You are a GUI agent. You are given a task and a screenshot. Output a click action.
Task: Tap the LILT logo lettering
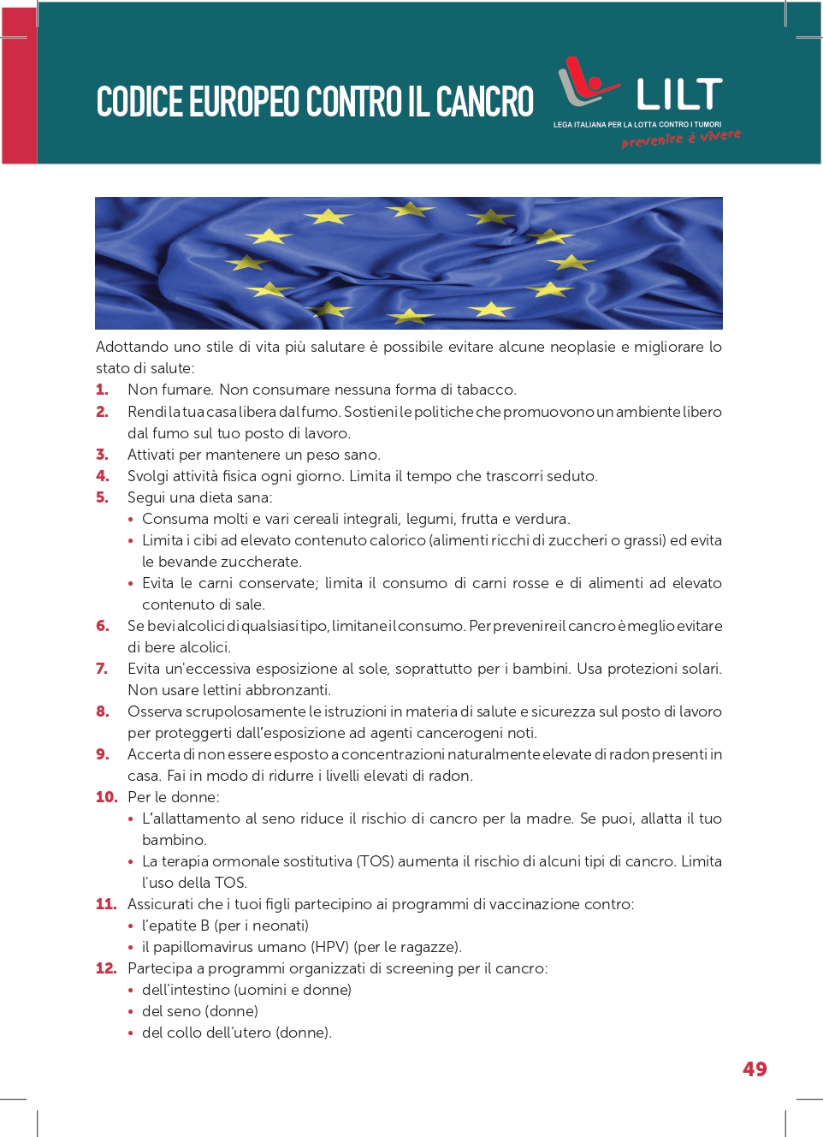[x=679, y=94]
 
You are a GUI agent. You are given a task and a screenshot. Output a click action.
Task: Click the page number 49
[x=755, y=1069]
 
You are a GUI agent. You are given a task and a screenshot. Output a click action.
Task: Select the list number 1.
[x=102, y=390]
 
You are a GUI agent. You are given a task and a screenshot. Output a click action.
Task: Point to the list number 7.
[x=102, y=669]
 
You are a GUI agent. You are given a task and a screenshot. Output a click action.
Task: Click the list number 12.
[x=105, y=968]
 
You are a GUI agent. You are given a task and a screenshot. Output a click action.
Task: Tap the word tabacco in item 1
[x=486, y=390]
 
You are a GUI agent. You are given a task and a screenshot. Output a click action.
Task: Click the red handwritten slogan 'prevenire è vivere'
[x=681, y=139]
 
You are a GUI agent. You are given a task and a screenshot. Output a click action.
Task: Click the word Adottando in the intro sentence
[x=133, y=347]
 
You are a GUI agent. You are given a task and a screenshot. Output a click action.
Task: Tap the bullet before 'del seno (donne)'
[x=131, y=1012]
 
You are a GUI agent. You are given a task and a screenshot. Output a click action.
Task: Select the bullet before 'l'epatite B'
[x=131, y=926]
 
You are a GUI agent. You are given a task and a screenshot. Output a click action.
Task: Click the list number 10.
[x=106, y=797]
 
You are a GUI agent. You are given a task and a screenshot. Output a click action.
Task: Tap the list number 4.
[x=102, y=476]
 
